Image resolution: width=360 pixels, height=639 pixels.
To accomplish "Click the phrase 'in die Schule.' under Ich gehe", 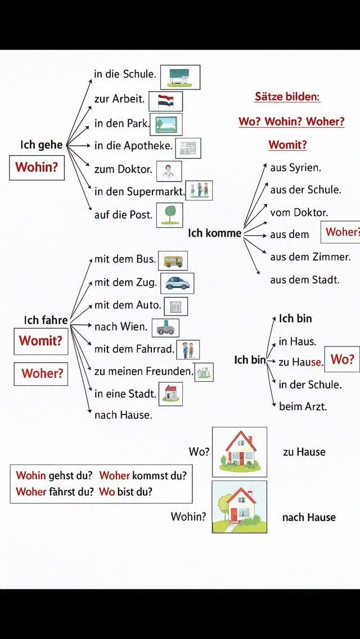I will click(x=124, y=74).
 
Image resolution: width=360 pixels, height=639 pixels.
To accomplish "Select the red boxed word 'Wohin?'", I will click(x=37, y=167).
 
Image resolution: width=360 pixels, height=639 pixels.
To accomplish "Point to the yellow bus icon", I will click(x=173, y=261).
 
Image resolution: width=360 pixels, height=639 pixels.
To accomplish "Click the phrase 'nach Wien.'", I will click(x=120, y=326).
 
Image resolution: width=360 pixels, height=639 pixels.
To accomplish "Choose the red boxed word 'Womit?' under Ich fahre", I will click(x=40, y=341).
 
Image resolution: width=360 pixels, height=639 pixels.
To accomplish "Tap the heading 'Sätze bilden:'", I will click(x=287, y=97).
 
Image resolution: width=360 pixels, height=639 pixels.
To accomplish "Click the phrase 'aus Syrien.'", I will click(x=295, y=168).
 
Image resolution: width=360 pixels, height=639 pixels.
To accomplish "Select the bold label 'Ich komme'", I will click(x=214, y=233).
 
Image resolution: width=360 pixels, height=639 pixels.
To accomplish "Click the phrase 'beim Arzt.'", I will click(x=303, y=406).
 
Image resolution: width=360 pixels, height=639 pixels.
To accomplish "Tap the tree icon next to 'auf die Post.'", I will click(x=169, y=214).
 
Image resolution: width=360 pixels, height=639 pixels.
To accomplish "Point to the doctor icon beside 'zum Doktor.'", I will click(x=168, y=170).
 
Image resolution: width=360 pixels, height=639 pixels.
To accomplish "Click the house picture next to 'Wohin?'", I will click(x=240, y=507).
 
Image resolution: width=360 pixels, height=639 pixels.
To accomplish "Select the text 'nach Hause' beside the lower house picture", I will click(x=309, y=517).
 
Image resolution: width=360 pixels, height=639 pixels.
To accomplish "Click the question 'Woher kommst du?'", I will click(x=143, y=475).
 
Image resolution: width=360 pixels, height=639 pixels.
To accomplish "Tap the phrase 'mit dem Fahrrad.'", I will click(x=134, y=349).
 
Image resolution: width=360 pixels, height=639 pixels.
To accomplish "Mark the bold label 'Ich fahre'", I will click(x=46, y=320).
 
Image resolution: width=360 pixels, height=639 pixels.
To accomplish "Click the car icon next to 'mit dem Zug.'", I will click(x=177, y=282).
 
